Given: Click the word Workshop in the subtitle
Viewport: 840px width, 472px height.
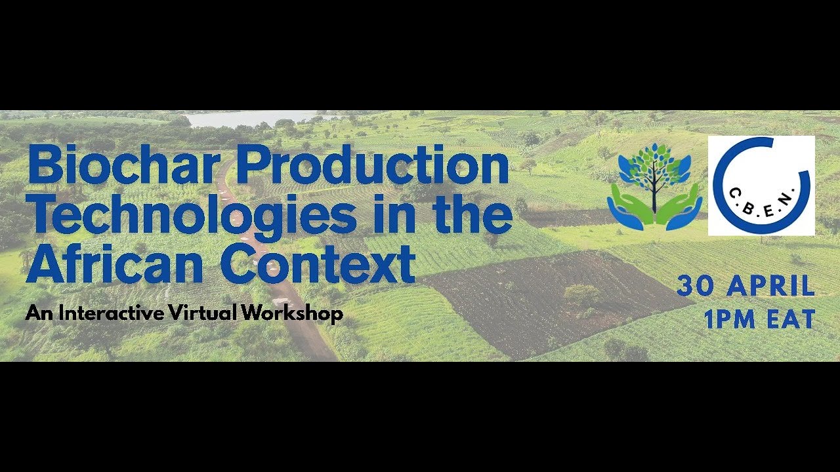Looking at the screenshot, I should point(291,313).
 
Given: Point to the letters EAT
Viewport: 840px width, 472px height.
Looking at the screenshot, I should point(793,319).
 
